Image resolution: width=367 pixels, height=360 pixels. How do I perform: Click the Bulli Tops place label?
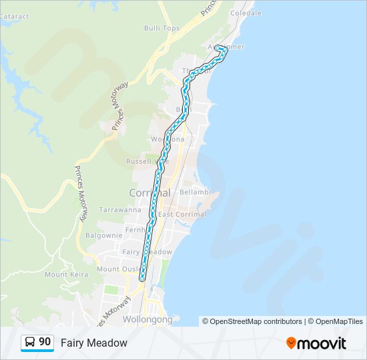(162, 28)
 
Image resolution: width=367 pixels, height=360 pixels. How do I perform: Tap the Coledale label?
(244, 13)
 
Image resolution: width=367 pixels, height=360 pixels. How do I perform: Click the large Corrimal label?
(149, 192)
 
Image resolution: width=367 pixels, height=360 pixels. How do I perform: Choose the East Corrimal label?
(182, 214)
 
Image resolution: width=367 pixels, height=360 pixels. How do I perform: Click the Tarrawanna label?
(119, 209)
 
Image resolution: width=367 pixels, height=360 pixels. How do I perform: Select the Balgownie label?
(103, 235)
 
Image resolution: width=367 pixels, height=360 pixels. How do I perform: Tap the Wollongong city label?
(147, 319)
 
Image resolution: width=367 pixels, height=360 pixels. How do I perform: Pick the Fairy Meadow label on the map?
(147, 251)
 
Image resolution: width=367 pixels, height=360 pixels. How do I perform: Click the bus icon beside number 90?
(30, 343)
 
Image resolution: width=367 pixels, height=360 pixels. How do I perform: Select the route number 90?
(45, 342)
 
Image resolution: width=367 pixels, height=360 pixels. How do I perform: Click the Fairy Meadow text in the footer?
(93, 343)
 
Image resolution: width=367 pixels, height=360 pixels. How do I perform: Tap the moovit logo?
(316, 343)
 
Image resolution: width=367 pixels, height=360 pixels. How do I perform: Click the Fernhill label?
(136, 230)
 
